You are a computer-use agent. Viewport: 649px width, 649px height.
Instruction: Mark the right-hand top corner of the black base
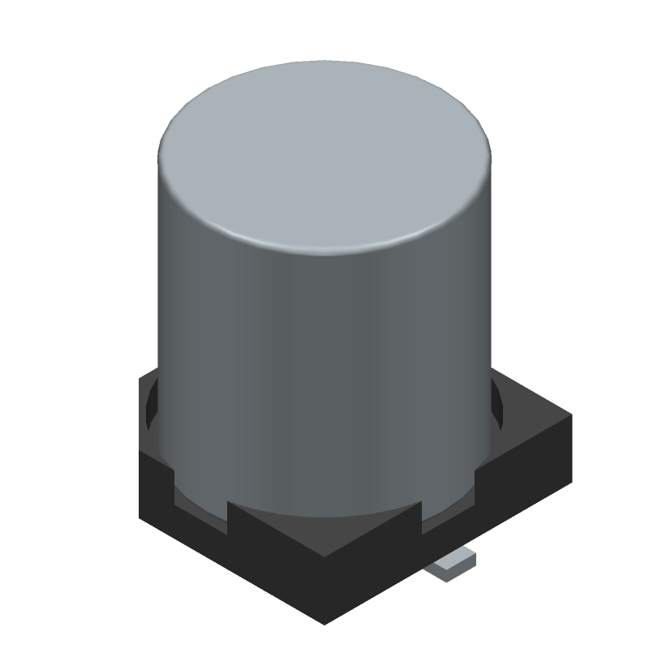pyautogui.click(x=570, y=416)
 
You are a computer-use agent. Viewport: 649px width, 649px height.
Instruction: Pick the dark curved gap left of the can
pyautogui.click(x=151, y=406)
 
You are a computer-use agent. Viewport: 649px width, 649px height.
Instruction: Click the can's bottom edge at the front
pyautogui.click(x=324, y=518)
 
